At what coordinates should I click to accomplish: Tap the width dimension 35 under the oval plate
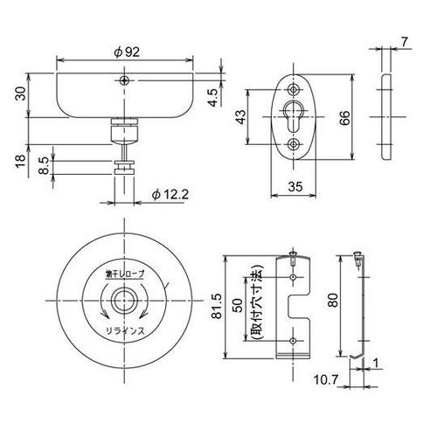295,186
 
